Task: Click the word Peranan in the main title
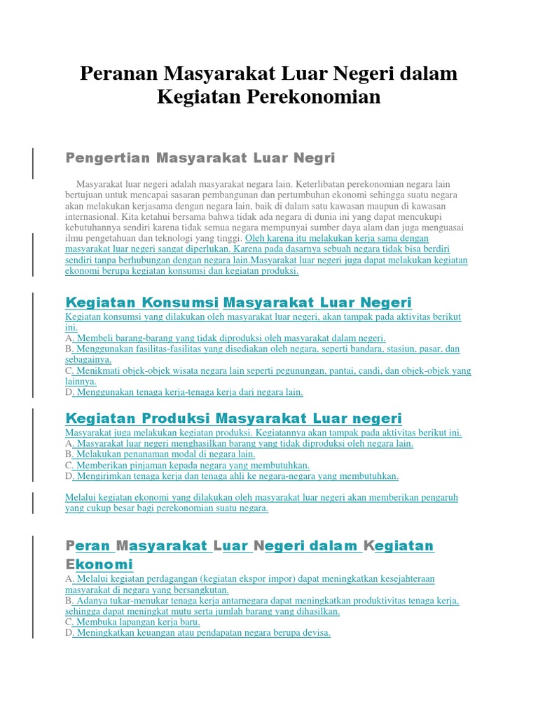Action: point(118,73)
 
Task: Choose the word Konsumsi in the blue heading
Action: point(181,302)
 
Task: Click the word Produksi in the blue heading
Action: point(177,419)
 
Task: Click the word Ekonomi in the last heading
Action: point(99,564)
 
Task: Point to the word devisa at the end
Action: point(315,633)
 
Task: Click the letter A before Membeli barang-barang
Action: point(69,337)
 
